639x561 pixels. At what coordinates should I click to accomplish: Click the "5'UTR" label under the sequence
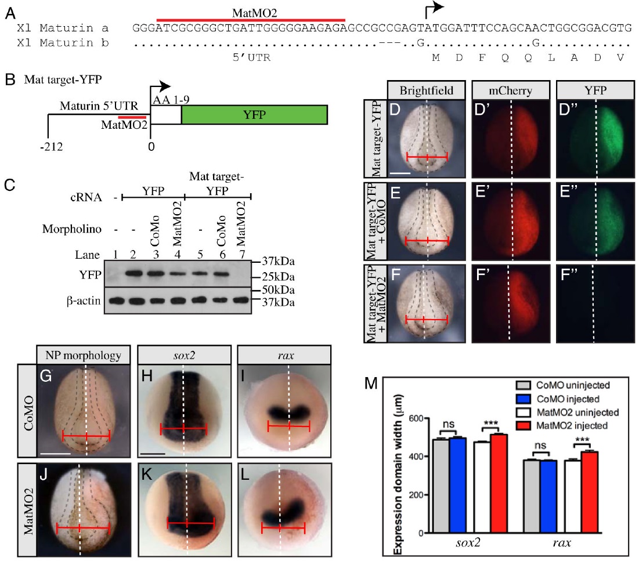[x=251, y=58]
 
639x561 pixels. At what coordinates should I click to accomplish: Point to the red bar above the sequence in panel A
[x=251, y=19]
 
